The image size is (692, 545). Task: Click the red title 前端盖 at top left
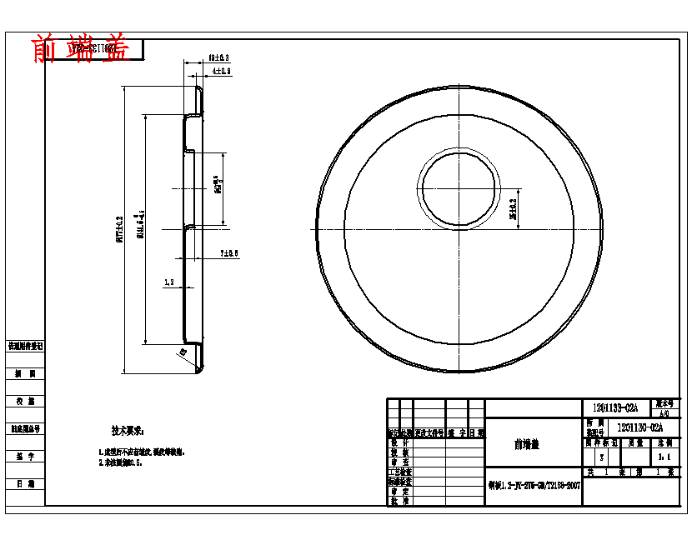point(80,49)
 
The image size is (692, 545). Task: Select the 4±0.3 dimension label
point(222,72)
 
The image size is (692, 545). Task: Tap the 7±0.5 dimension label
point(229,252)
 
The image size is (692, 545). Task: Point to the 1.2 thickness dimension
point(169,282)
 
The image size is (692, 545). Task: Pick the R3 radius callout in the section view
point(183,352)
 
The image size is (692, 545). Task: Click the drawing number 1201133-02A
point(615,407)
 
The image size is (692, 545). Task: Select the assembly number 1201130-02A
point(639,427)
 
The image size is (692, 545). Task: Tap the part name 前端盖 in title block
point(526,445)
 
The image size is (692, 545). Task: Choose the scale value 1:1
point(664,457)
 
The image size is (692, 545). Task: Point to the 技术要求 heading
point(128,431)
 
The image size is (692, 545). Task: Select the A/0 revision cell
point(664,412)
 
